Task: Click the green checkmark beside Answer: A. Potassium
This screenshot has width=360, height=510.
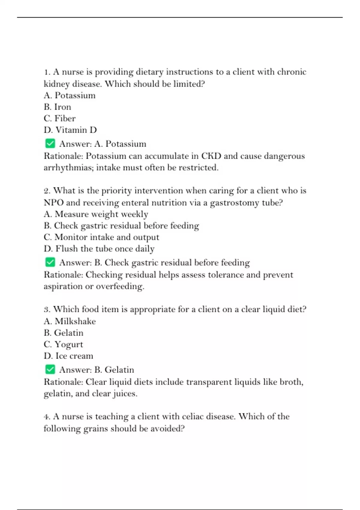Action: [50, 143]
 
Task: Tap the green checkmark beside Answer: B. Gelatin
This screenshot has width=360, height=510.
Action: [50, 369]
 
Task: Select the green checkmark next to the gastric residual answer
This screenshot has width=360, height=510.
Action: [50, 262]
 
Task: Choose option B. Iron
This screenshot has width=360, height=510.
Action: [57, 107]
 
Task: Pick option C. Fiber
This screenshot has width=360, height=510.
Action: [59, 118]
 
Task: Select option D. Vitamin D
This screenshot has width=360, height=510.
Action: [70, 130]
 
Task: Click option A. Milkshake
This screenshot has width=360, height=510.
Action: [70, 321]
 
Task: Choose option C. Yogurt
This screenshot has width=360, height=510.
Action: [63, 344]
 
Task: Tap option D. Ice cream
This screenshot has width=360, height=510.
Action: [68, 356]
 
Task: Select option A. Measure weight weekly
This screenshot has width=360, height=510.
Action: [96, 214]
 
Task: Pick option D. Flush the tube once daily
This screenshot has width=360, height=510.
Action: [99, 249]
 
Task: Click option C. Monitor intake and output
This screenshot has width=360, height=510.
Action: [101, 237]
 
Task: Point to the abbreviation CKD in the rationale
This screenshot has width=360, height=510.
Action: [211, 156]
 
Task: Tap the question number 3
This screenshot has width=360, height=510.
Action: [47, 309]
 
